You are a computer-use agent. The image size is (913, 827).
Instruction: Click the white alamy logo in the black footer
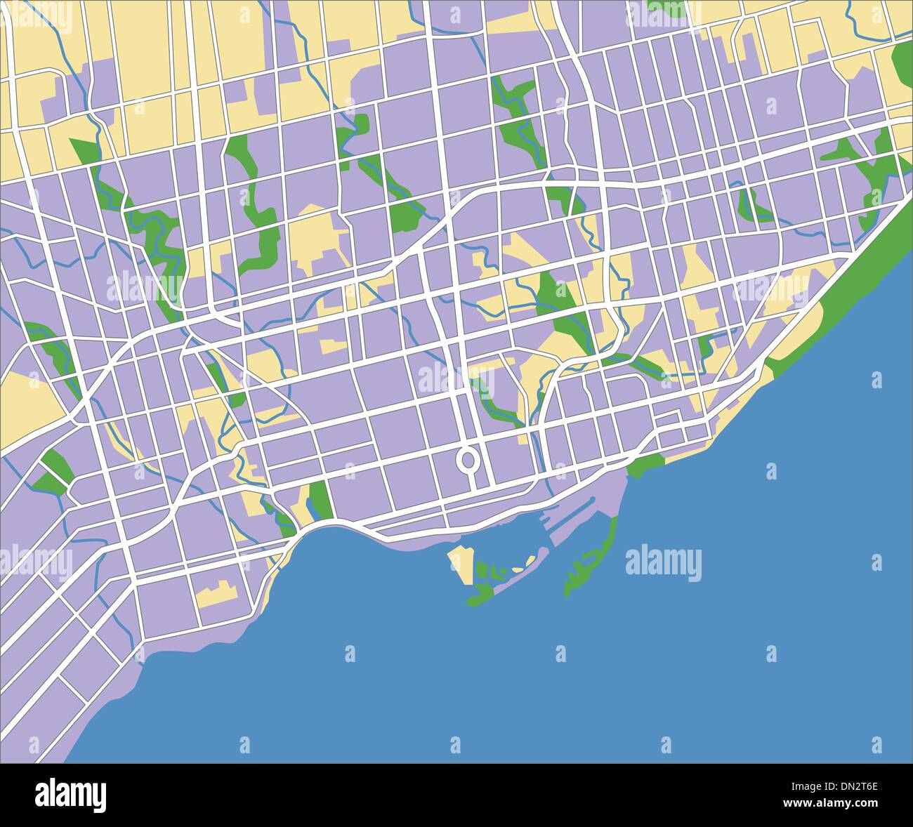pyautogui.click(x=71, y=795)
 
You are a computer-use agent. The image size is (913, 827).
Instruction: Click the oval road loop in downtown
pyautogui.click(x=466, y=460)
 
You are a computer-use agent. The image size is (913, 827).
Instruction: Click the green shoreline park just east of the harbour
pyautogui.click(x=645, y=466)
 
